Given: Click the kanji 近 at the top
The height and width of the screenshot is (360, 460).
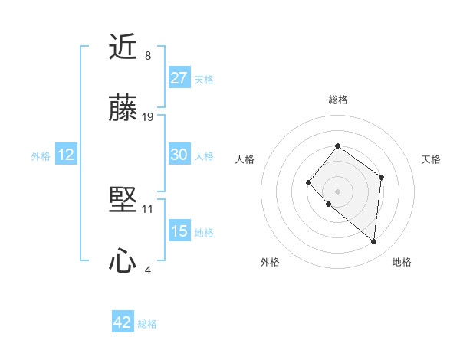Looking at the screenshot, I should [123, 49].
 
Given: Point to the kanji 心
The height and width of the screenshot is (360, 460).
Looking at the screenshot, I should [123, 262].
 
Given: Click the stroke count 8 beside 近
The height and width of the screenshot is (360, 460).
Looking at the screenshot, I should [147, 56].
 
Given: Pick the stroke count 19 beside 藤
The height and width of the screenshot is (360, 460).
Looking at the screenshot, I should [148, 116].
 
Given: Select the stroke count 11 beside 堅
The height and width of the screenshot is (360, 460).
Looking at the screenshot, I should [148, 208].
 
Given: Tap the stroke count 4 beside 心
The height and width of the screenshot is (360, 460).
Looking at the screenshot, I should [147, 270].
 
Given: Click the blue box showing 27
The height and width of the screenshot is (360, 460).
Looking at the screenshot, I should [179, 78].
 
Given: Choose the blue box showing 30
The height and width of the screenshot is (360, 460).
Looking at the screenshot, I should [179, 155].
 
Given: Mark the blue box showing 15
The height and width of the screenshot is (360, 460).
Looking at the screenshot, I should [179, 231].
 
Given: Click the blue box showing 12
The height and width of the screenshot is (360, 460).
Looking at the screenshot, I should [65, 155].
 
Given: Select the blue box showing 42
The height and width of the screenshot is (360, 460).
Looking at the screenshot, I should [123, 322].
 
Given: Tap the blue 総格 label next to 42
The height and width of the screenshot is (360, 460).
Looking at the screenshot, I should [147, 324].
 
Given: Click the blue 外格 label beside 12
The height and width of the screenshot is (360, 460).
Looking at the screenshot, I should [41, 156].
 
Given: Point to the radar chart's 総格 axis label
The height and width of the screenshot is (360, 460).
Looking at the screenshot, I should [337, 100].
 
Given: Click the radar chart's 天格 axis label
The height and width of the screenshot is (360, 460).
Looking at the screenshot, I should [431, 159].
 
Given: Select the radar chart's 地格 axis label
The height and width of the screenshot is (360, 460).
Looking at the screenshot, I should [402, 262].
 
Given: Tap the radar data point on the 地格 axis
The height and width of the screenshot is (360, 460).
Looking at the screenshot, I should [374, 241].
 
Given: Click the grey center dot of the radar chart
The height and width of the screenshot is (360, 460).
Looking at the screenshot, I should [337, 191].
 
